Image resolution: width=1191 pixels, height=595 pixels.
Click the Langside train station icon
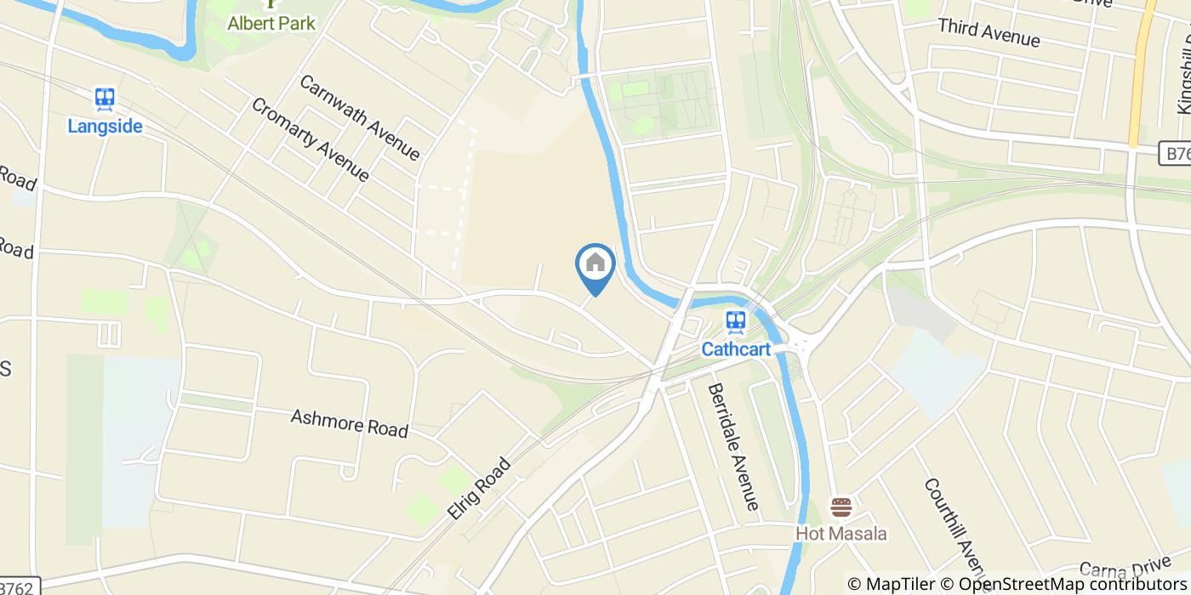(105, 99)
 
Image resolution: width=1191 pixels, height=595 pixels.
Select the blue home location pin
(595, 265)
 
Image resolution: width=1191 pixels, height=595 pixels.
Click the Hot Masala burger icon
(841, 508)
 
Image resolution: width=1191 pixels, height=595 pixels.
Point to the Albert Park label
(271, 23)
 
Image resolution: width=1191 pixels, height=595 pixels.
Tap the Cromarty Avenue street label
(310, 139)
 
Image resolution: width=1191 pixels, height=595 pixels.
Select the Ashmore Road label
(349, 422)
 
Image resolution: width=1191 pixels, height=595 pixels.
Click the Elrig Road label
(479, 489)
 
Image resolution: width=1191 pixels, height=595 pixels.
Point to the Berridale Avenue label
(732, 445)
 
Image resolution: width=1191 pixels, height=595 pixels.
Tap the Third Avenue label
(989, 32)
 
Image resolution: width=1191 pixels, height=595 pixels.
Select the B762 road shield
(19, 587)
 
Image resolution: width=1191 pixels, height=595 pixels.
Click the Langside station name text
(105, 127)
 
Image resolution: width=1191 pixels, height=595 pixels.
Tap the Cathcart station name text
(736, 348)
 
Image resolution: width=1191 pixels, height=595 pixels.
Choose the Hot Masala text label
(841, 534)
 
